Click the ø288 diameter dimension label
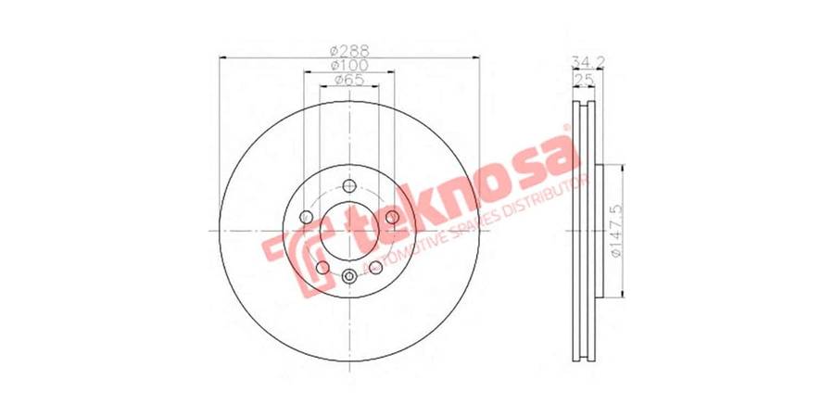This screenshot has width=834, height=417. point(349,51)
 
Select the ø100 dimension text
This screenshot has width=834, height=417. point(349,66)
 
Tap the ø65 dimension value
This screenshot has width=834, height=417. point(349,80)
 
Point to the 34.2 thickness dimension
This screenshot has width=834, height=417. point(588,62)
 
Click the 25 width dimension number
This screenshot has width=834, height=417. point(584,80)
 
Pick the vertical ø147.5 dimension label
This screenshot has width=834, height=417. point(615,231)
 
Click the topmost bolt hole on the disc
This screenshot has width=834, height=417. point(349,186)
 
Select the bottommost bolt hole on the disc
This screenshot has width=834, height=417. point(349,275)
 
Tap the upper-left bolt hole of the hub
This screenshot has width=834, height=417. point(307,217)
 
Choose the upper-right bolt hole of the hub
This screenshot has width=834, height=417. point(392,217)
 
